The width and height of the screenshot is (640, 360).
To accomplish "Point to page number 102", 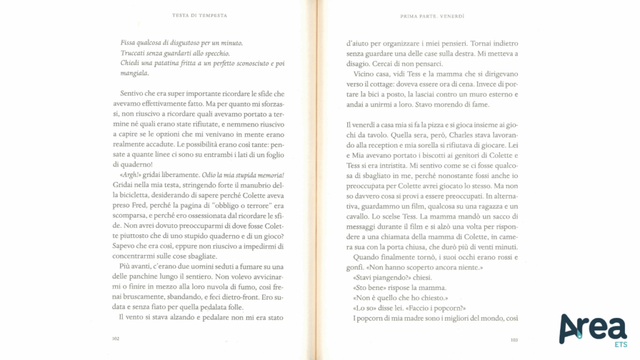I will click(x=116, y=338).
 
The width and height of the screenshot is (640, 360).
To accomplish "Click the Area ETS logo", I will click(x=593, y=329).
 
